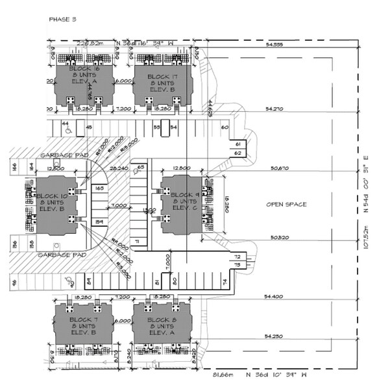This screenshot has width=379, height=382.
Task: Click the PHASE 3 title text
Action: pos(62,19)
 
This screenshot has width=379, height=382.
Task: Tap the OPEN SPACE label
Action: pos(286,205)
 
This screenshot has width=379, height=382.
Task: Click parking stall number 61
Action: pos(238,144)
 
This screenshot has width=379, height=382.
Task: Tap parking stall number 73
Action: pos(238,265)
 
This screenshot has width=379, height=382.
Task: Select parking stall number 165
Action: pos(99,188)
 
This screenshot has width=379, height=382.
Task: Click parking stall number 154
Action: pos(99,222)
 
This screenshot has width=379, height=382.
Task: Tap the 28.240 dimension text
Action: pos(119,168)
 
